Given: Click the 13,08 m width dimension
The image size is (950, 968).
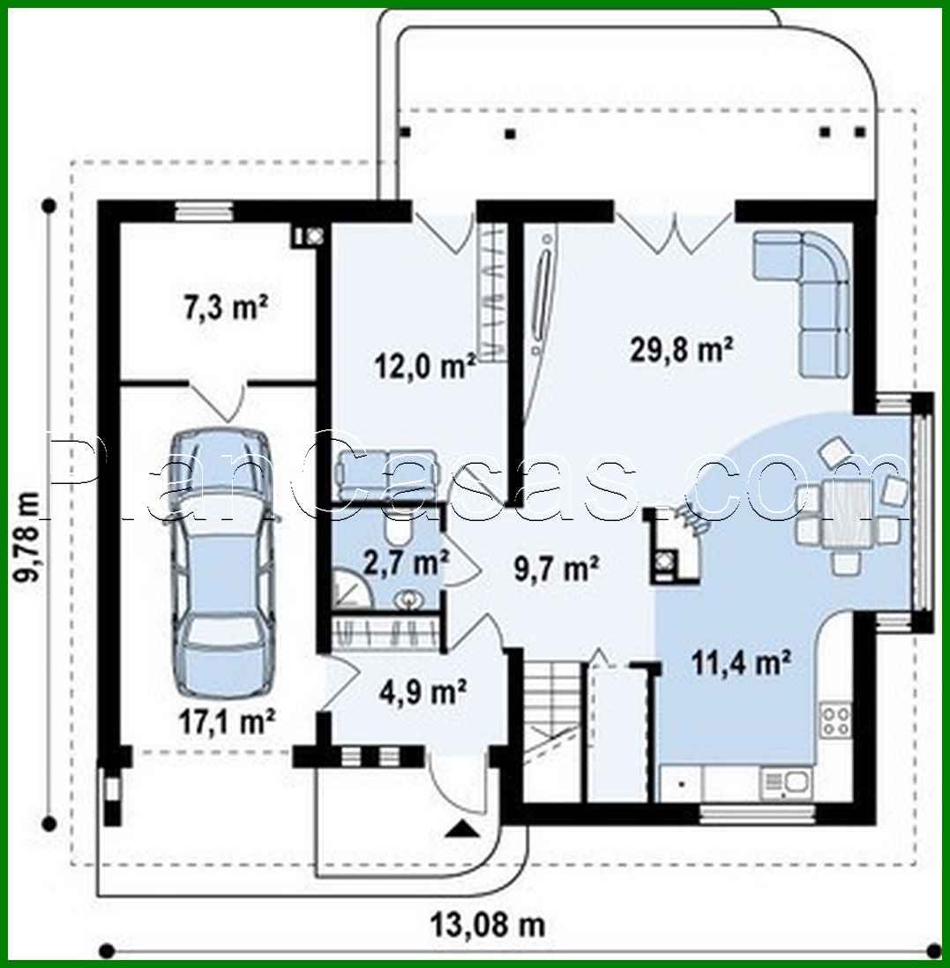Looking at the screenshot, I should coord(487,925).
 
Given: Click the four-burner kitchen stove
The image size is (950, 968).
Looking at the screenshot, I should coord(835,721).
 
